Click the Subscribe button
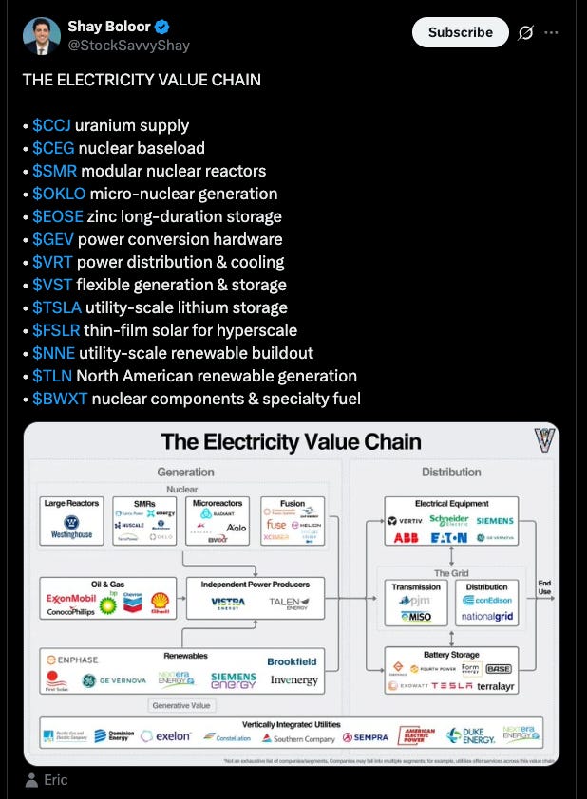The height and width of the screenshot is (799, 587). (461, 32)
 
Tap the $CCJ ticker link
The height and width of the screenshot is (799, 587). (51, 125)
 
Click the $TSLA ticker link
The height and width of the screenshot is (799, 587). (56, 307)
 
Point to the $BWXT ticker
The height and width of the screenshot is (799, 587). (60, 399)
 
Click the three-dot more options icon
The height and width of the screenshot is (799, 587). (551, 32)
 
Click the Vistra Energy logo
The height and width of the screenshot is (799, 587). (228, 603)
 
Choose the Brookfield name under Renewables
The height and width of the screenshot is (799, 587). (292, 661)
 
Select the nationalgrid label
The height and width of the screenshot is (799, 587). (488, 616)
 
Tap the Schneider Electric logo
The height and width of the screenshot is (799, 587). (449, 520)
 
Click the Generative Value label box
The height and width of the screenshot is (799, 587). (183, 705)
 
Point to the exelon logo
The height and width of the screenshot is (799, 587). (166, 736)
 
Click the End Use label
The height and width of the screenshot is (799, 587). (544, 587)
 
